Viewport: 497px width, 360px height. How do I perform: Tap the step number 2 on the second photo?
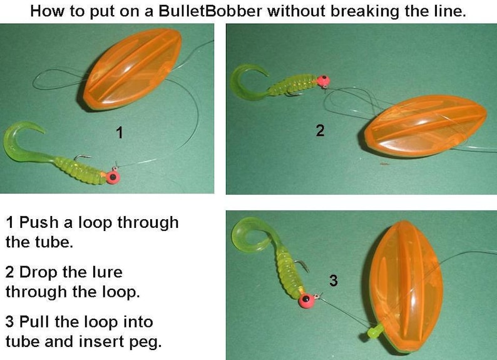click(320, 130)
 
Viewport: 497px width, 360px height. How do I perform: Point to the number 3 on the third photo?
click(333, 281)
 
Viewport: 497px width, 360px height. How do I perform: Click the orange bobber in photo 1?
click(133, 69)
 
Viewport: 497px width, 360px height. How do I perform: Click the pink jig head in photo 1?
click(113, 177)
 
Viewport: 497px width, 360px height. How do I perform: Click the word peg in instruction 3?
click(150, 341)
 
